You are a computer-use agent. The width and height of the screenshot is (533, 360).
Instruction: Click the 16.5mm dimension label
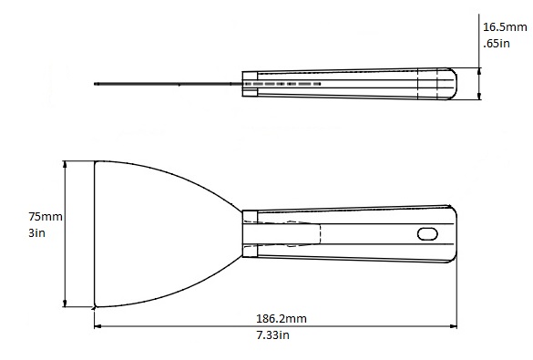505,26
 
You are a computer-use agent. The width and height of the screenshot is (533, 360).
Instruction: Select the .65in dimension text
497,43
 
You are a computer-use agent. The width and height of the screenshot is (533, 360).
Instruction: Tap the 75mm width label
46,216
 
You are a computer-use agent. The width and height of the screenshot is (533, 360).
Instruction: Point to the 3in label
36,233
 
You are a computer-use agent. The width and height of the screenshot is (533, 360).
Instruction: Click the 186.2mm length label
282,318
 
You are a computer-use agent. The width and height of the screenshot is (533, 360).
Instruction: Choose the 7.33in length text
272,334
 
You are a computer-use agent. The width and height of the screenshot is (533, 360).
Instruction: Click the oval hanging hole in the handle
427,234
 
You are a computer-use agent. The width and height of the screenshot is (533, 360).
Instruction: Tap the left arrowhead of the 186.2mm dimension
97,326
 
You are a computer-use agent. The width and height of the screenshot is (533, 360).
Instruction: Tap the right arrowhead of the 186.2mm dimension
454,326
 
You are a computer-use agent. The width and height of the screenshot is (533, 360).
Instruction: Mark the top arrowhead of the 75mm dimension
66,165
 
